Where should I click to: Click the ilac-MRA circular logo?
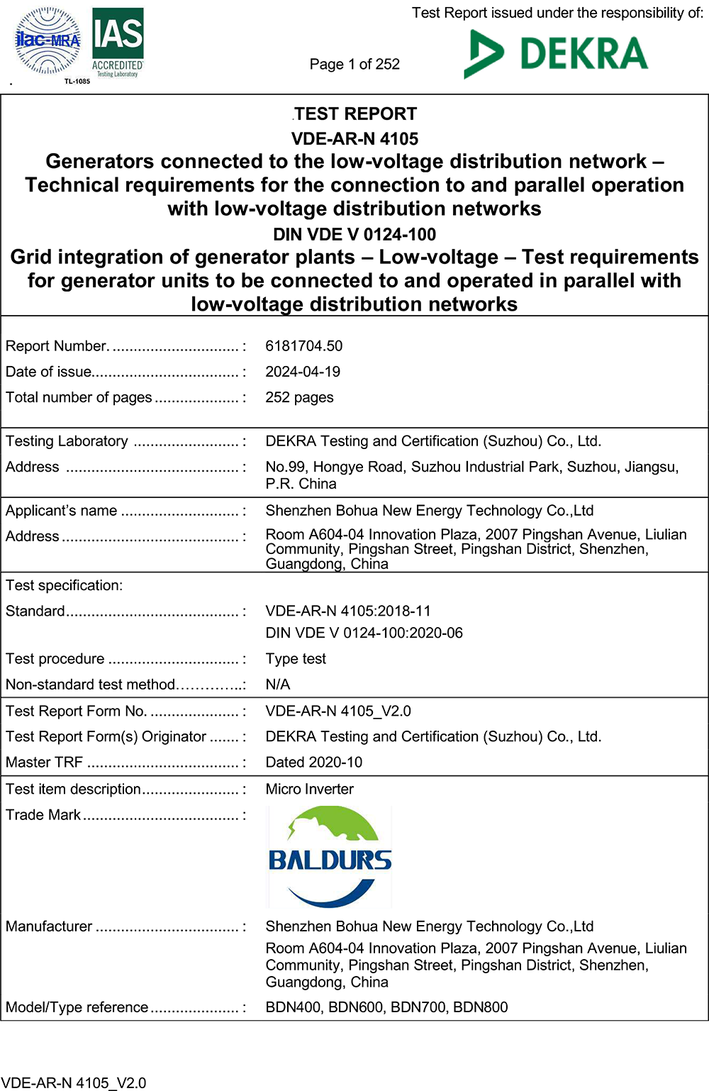pos(48,42)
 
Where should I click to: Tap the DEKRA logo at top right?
pos(556,53)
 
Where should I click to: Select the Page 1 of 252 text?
pos(354,65)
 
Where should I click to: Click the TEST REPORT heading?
pos(355,114)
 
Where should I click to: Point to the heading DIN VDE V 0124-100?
pos(354,234)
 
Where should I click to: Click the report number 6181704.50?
pos(303,346)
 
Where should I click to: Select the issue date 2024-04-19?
pos(303,372)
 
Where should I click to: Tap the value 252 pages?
pos(299,397)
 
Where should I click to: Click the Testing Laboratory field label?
pos(67,441)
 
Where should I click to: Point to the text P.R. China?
pos(301,484)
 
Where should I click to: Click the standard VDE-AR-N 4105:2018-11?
pos(348,611)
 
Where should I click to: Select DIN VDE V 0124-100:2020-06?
pos(364,633)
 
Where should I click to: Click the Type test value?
pos(296,659)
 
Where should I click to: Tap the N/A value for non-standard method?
pos(278,685)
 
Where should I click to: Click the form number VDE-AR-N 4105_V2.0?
pos(338,711)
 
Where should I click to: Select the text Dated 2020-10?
pos(313,763)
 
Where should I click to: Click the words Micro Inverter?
pos(309,790)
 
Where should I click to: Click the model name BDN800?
pos(480,1007)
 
